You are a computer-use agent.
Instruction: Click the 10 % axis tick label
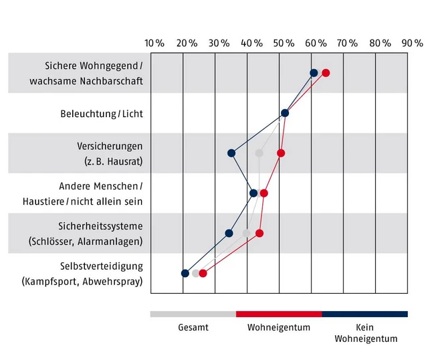(154, 43)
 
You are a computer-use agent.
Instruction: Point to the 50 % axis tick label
(284, 43)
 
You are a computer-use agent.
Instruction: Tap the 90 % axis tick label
(412, 43)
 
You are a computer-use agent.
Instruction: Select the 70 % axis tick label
(348, 43)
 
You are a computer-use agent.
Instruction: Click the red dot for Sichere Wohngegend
(326, 73)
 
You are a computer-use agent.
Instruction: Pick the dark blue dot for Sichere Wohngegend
(314, 73)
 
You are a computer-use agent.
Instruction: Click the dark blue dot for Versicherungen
(231, 153)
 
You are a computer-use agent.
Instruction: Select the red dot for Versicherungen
(281, 153)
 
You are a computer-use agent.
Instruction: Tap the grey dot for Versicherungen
(259, 153)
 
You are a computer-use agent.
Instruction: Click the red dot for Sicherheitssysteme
(259, 233)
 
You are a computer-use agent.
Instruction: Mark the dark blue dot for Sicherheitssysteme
(229, 233)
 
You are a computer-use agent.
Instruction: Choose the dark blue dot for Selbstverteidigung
(185, 273)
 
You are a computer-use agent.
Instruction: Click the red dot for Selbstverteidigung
(203, 273)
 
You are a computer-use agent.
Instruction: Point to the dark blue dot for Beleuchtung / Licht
(285, 113)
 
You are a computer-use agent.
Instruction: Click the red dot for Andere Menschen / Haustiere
(264, 193)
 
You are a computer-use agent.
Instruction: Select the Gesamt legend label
(193, 328)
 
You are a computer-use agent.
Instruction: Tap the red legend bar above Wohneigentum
(279, 313)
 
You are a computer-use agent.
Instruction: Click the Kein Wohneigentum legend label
(364, 333)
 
